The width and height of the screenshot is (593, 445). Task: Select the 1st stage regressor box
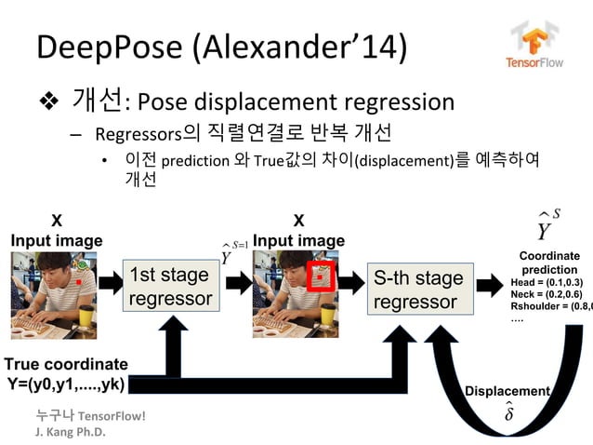pos(170,287)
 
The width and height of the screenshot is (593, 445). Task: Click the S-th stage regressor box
pos(417,289)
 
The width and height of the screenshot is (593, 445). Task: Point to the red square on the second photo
pos(322,276)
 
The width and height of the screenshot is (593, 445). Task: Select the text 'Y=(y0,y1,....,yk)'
pos(65,384)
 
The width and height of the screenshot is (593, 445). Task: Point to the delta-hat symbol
pos(508,412)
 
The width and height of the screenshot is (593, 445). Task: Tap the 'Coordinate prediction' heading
pos(549,262)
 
